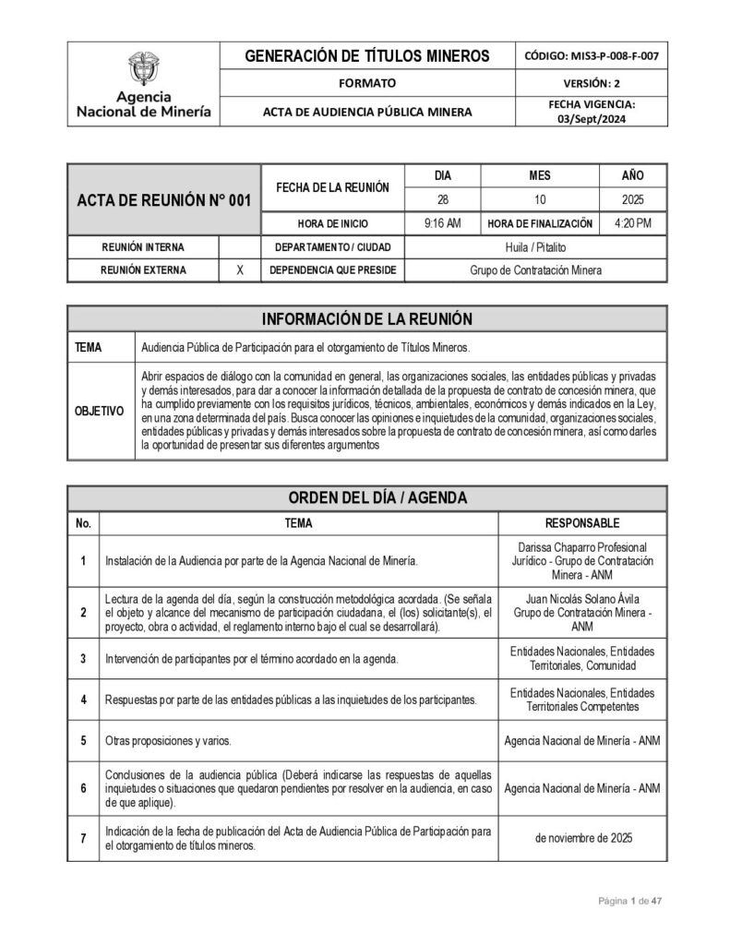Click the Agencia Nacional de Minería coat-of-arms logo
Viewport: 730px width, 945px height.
(143, 69)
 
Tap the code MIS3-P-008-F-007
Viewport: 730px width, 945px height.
(591, 56)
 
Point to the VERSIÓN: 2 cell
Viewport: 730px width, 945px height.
(591, 83)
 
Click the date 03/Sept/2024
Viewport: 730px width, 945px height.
(591, 119)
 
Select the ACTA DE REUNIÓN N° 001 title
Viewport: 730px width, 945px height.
(164, 201)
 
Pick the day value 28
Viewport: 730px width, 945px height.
(442, 198)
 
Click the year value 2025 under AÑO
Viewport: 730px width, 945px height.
(632, 198)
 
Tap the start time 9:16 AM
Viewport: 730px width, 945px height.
(442, 222)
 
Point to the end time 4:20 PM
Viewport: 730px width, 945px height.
(632, 222)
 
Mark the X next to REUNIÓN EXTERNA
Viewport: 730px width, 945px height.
(240, 270)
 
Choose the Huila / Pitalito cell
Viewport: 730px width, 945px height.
(535, 246)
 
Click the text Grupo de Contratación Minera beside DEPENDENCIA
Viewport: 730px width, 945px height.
(535, 270)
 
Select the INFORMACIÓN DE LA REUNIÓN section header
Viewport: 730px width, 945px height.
(367, 318)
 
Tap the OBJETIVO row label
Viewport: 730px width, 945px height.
(100, 411)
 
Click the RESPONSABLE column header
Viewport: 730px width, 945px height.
(582, 523)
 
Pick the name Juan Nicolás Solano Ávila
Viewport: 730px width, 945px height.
(582, 597)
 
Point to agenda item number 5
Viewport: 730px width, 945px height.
(83, 740)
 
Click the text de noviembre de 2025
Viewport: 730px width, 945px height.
(582, 838)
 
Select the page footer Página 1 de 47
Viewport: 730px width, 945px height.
(630, 901)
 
